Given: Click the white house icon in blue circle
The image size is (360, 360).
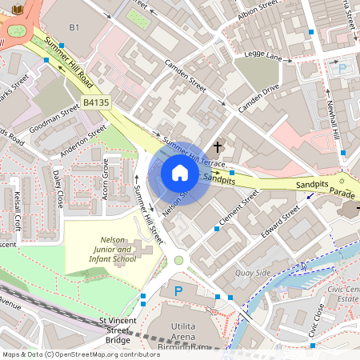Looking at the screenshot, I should [180, 173].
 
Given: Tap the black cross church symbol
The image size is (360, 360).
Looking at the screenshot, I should [218, 147].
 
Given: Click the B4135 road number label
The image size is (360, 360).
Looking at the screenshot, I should [96, 103].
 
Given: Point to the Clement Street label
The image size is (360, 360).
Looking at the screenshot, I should [239, 206].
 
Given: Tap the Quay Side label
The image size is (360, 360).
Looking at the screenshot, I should [254, 273].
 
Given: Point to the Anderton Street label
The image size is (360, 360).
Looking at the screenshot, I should [86, 141].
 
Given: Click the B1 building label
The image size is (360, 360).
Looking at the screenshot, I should [74, 28].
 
